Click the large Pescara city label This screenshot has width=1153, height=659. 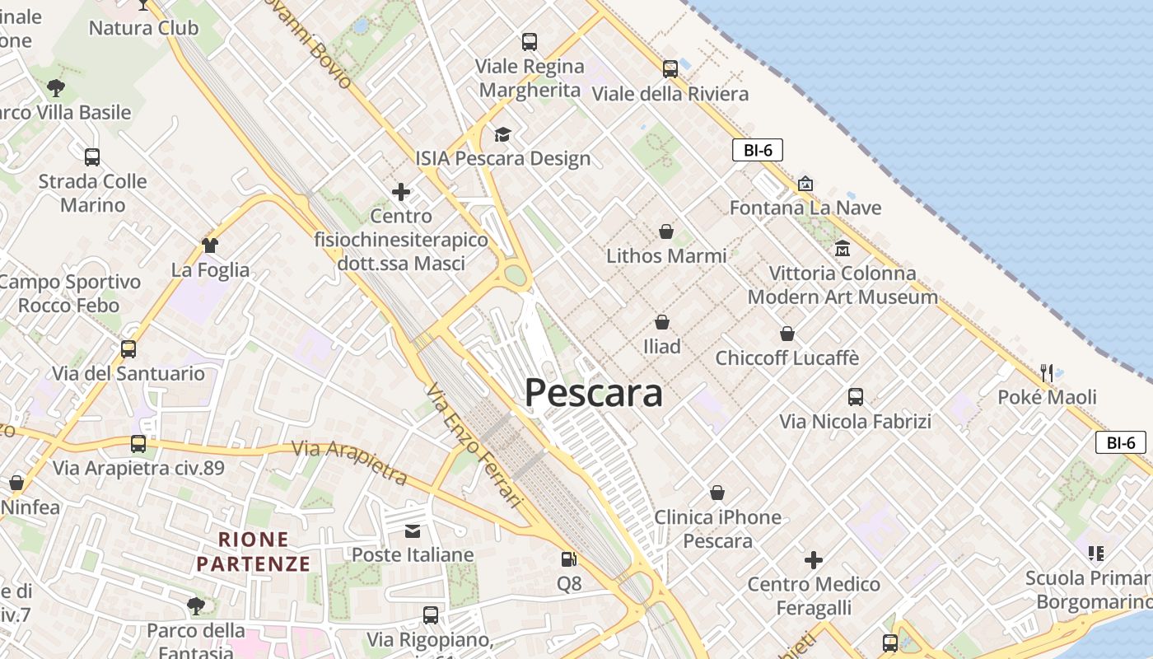593,393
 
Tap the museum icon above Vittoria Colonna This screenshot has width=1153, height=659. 842,248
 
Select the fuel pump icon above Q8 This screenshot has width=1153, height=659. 568,559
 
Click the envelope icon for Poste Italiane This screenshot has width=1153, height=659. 412,530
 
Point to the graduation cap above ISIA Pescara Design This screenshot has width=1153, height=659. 502,134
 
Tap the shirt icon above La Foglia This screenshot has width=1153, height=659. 210,245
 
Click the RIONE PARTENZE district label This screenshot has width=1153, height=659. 254,552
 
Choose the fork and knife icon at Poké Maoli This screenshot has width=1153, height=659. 1046,372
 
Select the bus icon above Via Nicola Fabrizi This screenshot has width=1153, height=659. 856,397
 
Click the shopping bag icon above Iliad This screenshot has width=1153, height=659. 662,322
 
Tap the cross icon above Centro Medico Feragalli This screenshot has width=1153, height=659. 814,560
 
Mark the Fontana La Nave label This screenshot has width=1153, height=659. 805,208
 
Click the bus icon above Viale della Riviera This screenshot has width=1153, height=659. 670,69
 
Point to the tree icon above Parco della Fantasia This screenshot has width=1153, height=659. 195,606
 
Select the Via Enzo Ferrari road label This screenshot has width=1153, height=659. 475,445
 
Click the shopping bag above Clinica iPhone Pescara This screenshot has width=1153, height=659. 717,493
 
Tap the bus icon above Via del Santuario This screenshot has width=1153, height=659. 128,348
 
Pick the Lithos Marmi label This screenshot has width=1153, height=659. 666,255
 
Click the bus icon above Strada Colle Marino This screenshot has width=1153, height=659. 92,157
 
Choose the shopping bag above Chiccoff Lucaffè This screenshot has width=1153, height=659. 787,334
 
